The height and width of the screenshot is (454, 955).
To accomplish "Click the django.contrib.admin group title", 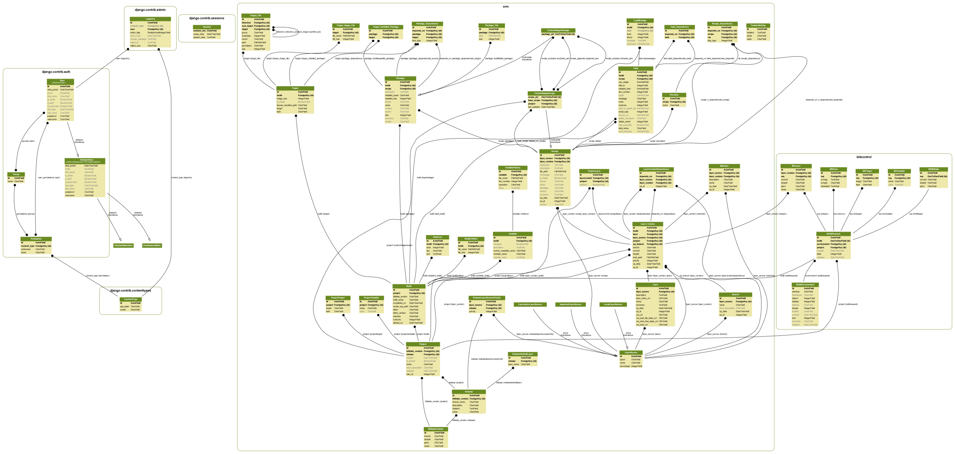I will (x=150, y=10).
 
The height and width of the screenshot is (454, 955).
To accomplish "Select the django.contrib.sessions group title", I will (x=207, y=18).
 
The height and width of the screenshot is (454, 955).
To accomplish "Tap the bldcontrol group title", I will (x=864, y=157).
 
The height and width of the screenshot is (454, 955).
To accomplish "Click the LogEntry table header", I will (x=150, y=19).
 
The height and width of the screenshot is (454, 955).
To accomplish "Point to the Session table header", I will (x=207, y=27).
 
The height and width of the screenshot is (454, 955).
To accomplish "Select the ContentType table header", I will (x=131, y=299).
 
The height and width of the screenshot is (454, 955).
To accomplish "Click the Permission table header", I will (x=36, y=239).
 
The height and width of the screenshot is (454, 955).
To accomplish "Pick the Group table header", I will (x=16, y=174).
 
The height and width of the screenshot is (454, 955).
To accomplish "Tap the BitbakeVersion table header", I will (x=436, y=429).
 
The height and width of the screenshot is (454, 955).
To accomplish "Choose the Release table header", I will (x=469, y=392).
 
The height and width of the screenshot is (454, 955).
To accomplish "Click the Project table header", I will (x=423, y=344).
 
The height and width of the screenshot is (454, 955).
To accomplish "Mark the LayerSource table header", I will (x=631, y=352).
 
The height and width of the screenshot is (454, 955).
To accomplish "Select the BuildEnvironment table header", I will (x=805, y=285).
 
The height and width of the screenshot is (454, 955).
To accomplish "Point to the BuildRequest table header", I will (x=833, y=234).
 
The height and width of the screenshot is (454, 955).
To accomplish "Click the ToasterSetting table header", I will (x=758, y=25).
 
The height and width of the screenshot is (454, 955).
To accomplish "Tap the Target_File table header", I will (x=256, y=16).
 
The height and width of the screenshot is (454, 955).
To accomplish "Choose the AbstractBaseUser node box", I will (x=123, y=245).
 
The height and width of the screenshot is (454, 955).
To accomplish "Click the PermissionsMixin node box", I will (x=152, y=245).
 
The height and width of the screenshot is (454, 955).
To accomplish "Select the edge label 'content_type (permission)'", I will (x=98, y=276).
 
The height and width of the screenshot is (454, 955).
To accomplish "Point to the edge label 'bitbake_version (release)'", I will (x=464, y=420).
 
